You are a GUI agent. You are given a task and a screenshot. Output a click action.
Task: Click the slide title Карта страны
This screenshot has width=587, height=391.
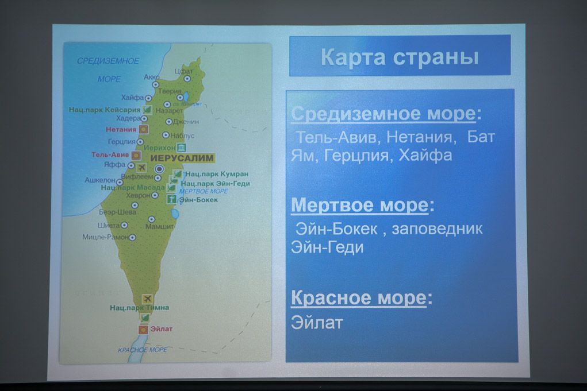pyautogui.click(x=399, y=57)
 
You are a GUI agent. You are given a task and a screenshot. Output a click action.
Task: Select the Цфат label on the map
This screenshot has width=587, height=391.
pyautogui.click(x=183, y=71)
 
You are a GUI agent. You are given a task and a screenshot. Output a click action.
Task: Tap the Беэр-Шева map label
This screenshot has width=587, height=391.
pyautogui.click(x=118, y=212)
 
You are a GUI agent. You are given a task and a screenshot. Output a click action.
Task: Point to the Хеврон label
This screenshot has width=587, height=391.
pyautogui.click(x=138, y=195)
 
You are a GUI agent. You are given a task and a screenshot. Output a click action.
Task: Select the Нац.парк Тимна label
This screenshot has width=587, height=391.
pyautogui.click(x=132, y=308)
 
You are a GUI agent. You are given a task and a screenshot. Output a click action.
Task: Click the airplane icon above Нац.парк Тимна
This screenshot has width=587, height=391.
pyautogui.click(x=148, y=299)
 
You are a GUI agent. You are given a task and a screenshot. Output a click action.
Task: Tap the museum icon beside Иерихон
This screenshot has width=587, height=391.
pyautogui.click(x=181, y=147)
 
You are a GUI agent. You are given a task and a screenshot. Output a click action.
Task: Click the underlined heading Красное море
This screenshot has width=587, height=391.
pyautogui.click(x=359, y=299)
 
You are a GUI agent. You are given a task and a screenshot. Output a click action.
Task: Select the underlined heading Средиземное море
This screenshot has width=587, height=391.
pyautogui.click(x=383, y=114)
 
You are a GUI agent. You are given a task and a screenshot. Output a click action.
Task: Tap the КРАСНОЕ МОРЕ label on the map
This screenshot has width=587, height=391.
pyautogui.click(x=143, y=349)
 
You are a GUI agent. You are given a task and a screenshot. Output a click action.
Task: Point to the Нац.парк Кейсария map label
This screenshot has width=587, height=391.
pyautogui.click(x=104, y=109)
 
